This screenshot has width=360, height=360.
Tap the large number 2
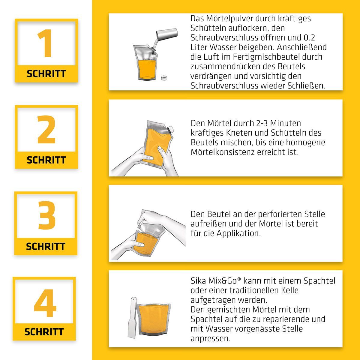click(x=46, y=129)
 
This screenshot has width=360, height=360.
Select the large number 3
click(x=47, y=215)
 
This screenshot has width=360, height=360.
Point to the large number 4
click(x=45, y=303)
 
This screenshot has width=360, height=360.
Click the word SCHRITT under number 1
click(x=46, y=73)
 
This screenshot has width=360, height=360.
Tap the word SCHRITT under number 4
click(x=44, y=332)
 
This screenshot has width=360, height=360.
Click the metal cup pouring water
click(x=166, y=34)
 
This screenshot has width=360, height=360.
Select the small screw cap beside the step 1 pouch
click(x=164, y=78)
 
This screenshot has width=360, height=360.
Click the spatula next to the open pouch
click(x=133, y=317)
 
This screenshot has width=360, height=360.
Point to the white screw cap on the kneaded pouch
click(x=170, y=129)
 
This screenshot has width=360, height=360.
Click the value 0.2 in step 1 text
click(x=309, y=38)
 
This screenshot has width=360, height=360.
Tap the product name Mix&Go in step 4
click(x=225, y=281)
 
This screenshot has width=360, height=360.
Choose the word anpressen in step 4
click(x=211, y=339)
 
